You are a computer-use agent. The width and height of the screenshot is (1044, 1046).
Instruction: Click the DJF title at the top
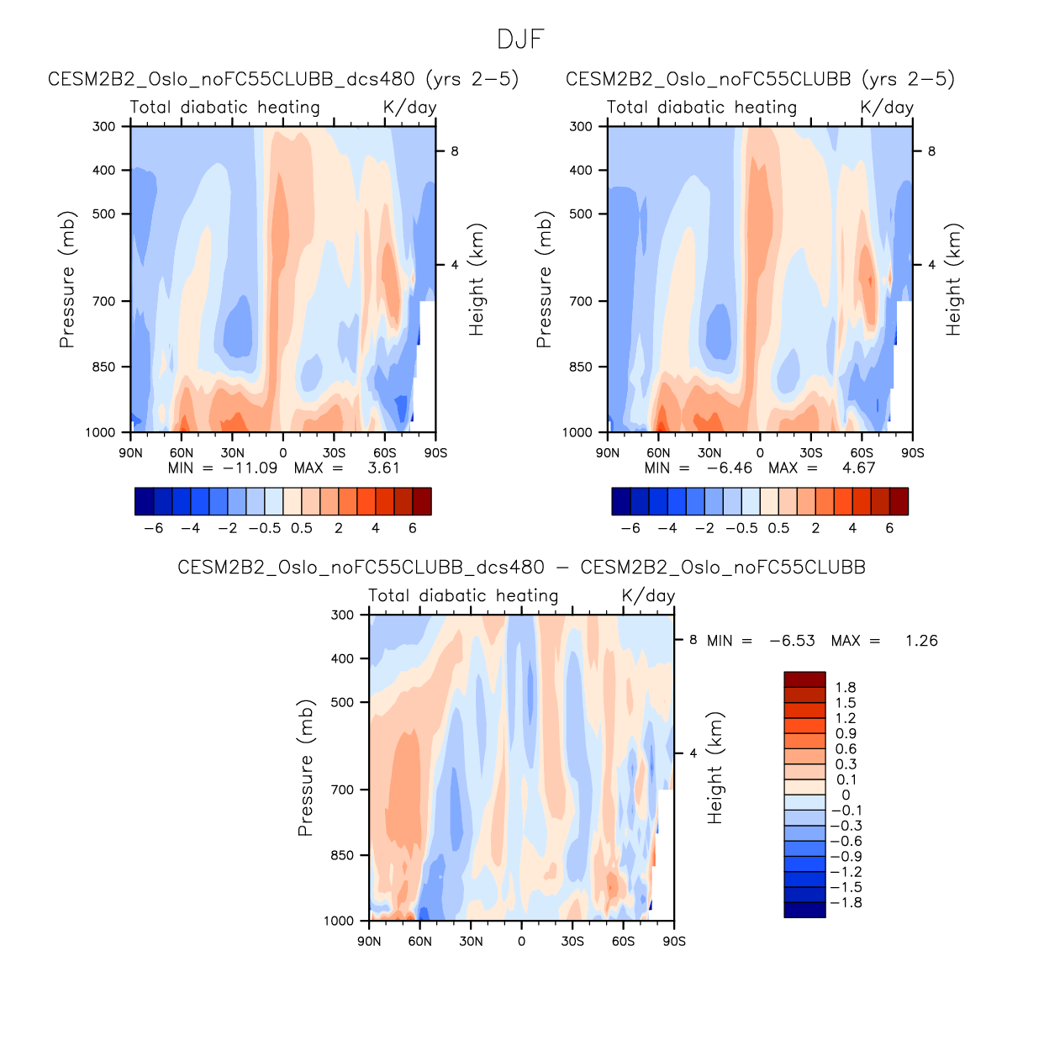click(521, 40)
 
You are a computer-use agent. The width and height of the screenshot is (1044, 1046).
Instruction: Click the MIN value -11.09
click(250, 468)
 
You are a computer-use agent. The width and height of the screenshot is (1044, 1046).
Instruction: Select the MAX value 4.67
click(858, 468)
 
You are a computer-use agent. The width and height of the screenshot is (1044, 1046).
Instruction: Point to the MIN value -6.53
click(792, 641)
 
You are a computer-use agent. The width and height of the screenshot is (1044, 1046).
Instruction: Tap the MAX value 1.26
click(921, 641)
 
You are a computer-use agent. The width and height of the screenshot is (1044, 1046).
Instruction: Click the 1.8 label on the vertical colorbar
click(846, 688)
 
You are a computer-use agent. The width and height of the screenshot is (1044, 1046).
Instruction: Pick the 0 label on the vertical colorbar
click(846, 795)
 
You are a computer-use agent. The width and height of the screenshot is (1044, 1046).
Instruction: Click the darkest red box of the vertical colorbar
click(804, 679)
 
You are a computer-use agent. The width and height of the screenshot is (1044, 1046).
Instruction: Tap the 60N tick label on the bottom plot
click(420, 942)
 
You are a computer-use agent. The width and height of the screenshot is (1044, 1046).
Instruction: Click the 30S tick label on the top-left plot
click(334, 453)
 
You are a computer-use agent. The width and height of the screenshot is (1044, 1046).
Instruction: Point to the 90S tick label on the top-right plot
click(912, 453)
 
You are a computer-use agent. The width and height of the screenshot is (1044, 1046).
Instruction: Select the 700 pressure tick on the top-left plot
click(104, 301)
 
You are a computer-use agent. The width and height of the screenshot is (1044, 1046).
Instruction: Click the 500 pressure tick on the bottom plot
click(343, 702)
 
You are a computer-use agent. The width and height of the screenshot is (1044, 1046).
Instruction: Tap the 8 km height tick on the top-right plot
click(931, 151)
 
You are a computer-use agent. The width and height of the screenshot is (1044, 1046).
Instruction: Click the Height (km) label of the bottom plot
click(715, 768)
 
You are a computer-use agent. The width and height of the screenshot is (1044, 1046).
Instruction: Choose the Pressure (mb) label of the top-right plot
click(544, 279)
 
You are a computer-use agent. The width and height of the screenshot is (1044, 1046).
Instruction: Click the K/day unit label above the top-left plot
click(409, 108)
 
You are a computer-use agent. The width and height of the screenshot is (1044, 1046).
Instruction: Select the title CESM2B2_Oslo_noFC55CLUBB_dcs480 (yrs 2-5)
click(283, 79)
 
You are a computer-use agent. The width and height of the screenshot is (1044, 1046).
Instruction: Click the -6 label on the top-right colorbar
click(630, 528)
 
